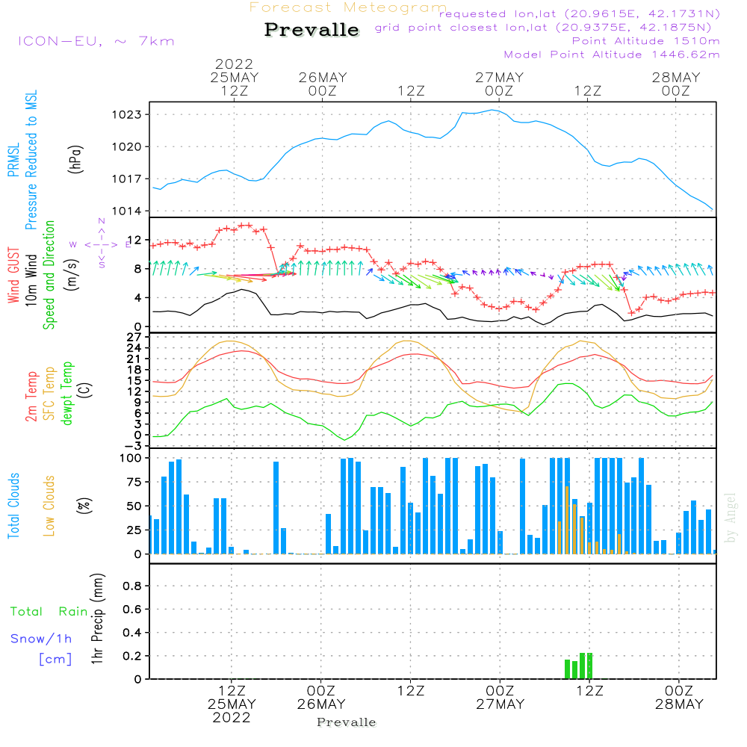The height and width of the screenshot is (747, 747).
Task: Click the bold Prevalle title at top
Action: (x=311, y=30)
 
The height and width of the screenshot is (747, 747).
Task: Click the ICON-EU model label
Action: (x=96, y=41)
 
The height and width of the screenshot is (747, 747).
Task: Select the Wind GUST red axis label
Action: (x=14, y=276)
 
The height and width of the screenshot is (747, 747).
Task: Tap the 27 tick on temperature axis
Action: (x=136, y=337)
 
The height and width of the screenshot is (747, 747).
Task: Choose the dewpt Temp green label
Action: (x=68, y=393)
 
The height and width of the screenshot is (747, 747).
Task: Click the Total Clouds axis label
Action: (x=14, y=506)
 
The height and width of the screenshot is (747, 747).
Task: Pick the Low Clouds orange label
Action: (x=49, y=505)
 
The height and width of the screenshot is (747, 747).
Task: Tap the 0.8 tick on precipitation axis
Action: (x=132, y=586)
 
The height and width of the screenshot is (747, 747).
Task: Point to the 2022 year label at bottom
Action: (x=232, y=717)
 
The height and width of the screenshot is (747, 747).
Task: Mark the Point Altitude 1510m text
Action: (x=645, y=41)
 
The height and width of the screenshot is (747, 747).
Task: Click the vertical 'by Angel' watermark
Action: (x=731, y=518)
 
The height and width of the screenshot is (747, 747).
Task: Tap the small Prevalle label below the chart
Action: (x=347, y=722)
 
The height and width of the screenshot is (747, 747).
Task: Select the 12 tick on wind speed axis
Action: (x=135, y=239)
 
